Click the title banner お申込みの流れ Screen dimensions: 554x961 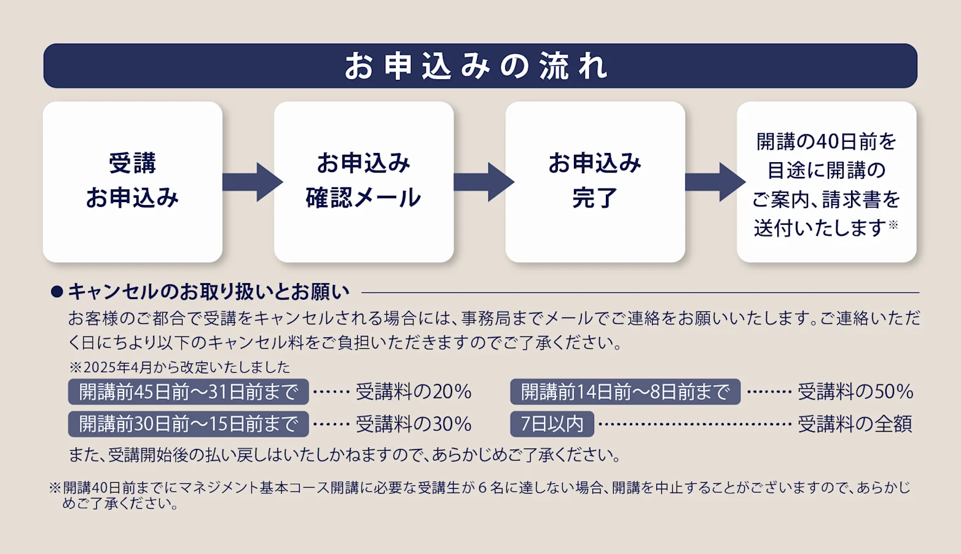tap(480, 66)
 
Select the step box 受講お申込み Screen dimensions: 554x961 tap(133, 182)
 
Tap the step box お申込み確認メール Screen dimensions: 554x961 tap(364, 182)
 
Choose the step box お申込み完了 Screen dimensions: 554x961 tap(595, 182)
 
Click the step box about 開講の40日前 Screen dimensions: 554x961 tap(826, 182)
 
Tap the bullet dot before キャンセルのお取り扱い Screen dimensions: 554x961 tap(57, 292)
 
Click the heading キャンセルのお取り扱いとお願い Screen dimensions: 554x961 tap(209, 292)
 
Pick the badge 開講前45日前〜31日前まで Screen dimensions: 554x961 tap(188, 392)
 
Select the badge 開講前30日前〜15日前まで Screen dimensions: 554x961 tap(188, 424)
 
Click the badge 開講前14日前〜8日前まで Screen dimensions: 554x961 tap(625, 392)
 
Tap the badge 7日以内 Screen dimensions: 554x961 tap(552, 424)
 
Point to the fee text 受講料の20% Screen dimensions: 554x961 tap(414, 392)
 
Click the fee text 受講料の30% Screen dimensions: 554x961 tap(414, 424)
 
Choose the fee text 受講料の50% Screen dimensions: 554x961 tap(855, 392)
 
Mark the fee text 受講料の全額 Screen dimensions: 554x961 tap(855, 424)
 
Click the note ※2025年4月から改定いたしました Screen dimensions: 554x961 tap(179, 367)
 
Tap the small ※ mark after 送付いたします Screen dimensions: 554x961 tap(893, 225)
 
